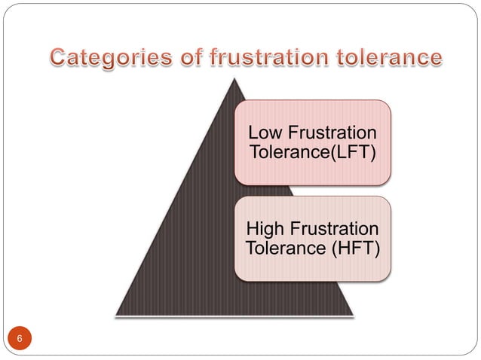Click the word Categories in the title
[x=101, y=57]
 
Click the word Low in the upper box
[x=263, y=133]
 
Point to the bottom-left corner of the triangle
[x=117, y=313]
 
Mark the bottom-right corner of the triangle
[x=353, y=313]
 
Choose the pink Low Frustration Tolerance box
[x=312, y=142]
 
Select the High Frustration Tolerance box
[x=312, y=238]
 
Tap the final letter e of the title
[x=435, y=58]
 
